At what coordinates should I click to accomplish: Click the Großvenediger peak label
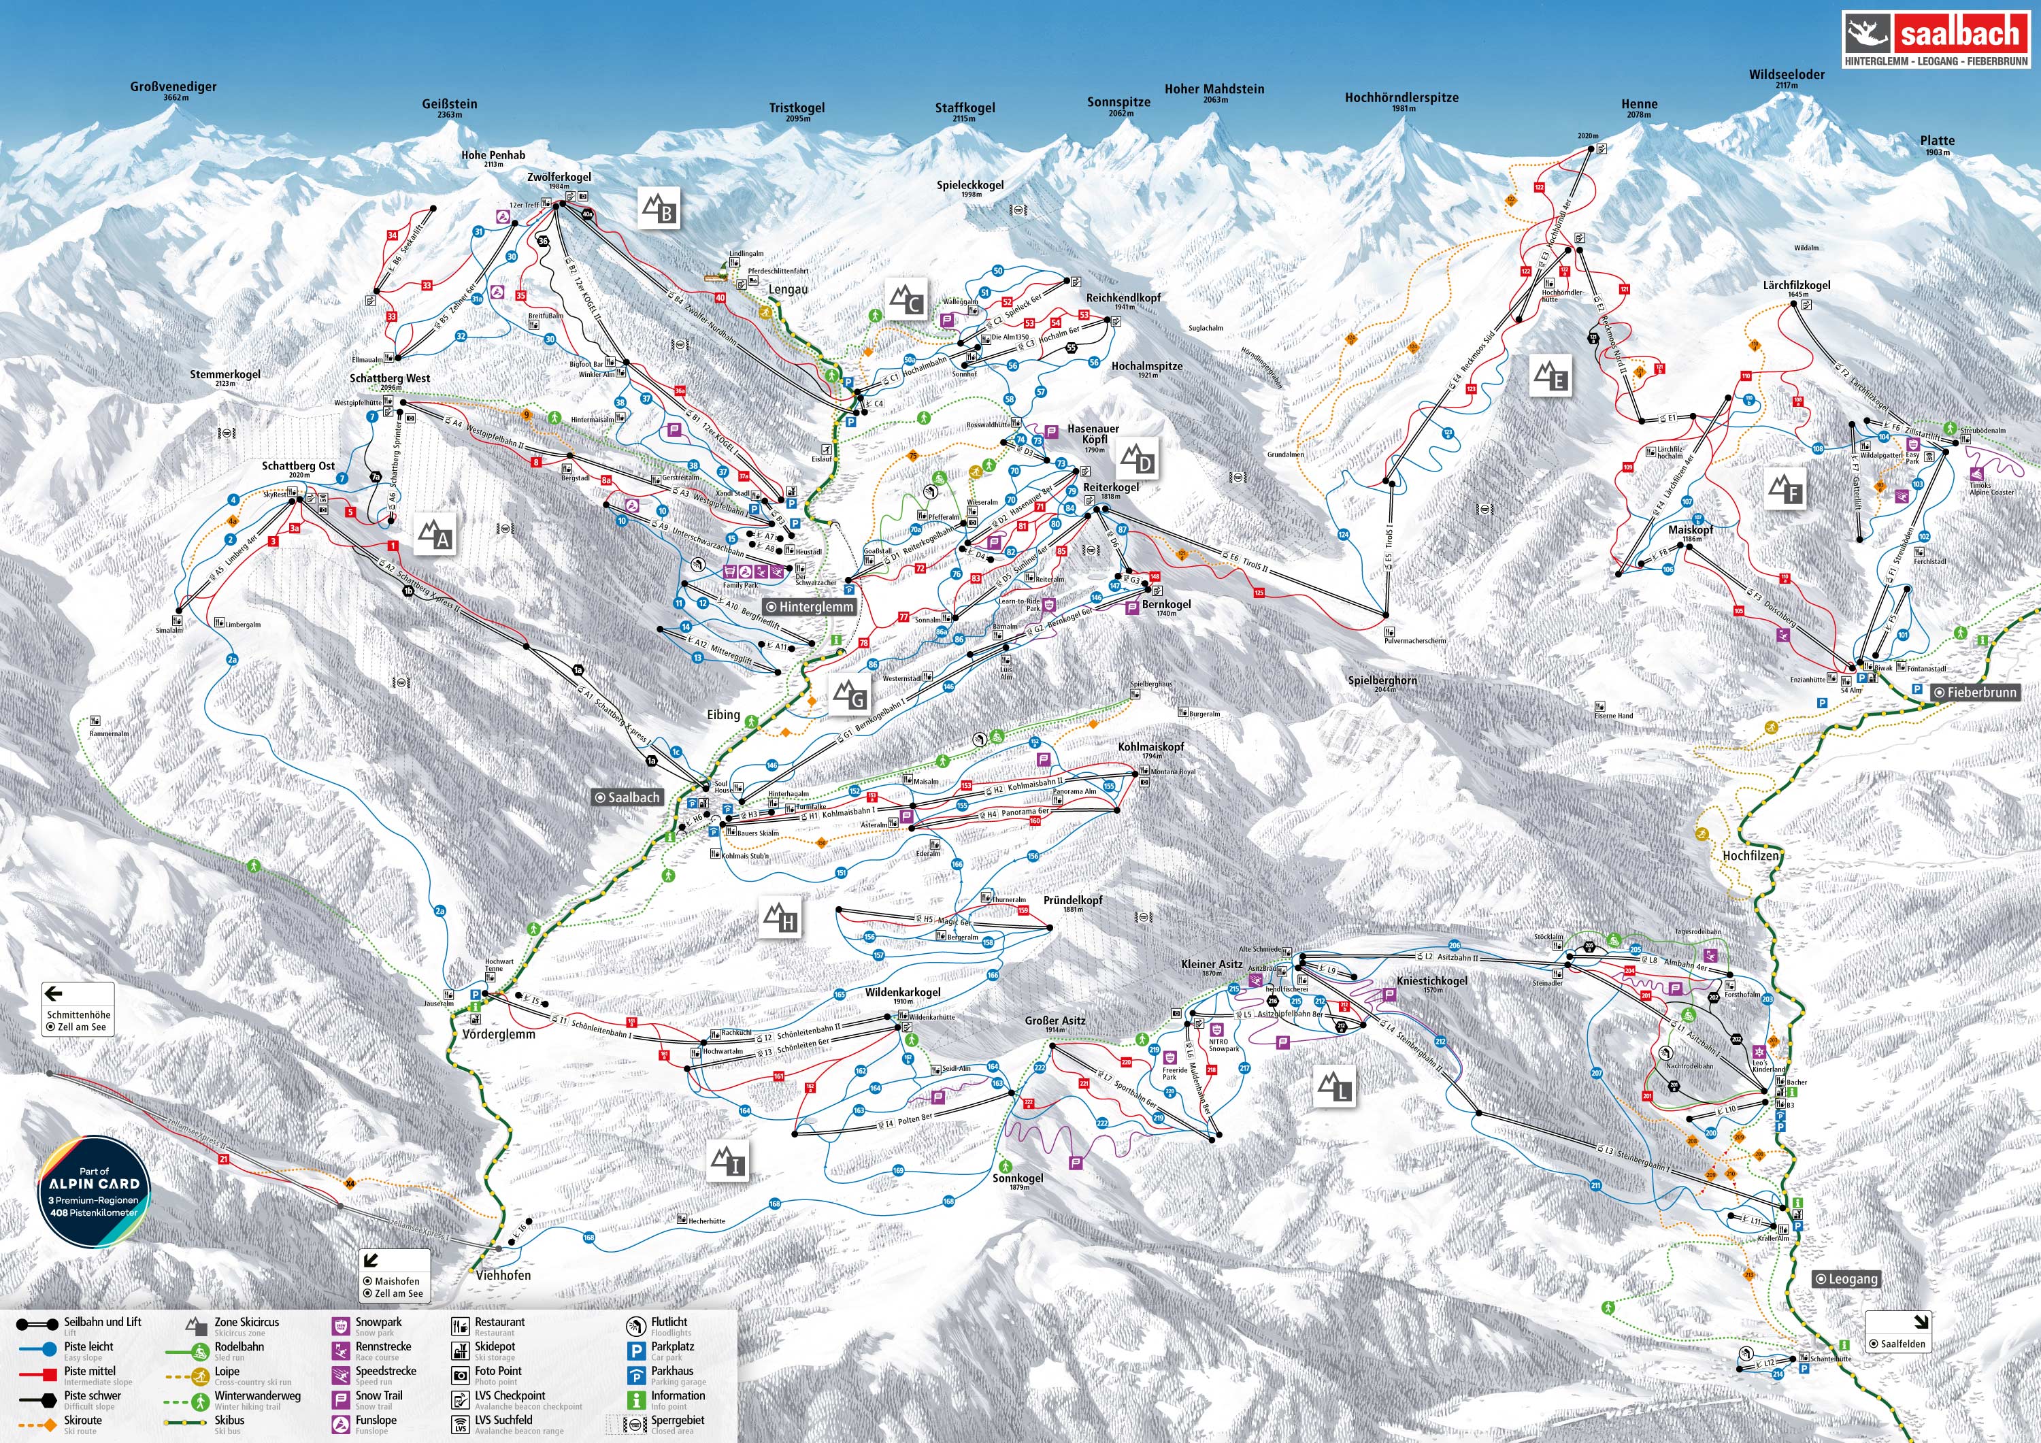coord(173,87)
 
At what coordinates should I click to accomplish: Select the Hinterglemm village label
coord(811,606)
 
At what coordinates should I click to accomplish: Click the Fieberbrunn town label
coord(1975,692)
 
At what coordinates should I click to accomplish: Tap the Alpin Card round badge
coord(95,1191)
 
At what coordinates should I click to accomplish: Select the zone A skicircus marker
coord(435,533)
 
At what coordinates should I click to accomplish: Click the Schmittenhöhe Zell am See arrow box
coord(78,1008)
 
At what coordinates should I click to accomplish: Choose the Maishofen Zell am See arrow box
coord(395,1275)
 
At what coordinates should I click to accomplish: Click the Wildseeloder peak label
coord(1787,76)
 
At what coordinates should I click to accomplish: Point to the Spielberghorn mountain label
coord(1382,681)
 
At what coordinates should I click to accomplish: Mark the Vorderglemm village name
coord(499,1034)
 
